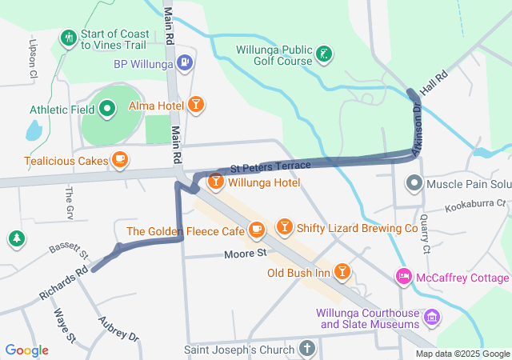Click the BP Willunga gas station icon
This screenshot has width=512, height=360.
tap(186, 62)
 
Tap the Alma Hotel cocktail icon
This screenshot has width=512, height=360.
tap(196, 105)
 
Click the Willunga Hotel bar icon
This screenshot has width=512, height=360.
tap(215, 182)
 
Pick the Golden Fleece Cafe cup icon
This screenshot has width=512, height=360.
tap(256, 231)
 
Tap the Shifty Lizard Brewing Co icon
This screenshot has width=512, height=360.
tap(284, 228)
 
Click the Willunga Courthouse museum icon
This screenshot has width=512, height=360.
tap(433, 318)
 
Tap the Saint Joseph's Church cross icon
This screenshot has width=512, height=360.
tap(306, 349)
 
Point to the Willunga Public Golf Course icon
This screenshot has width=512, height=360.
tap(324, 55)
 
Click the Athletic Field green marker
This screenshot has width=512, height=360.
tap(106, 110)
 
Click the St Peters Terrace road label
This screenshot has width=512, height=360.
tap(270, 166)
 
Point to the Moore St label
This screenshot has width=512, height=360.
tap(245, 254)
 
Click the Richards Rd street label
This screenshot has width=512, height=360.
tap(63, 285)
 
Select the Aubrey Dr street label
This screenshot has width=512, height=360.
tap(118, 327)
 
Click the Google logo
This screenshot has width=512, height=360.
tap(27, 350)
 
